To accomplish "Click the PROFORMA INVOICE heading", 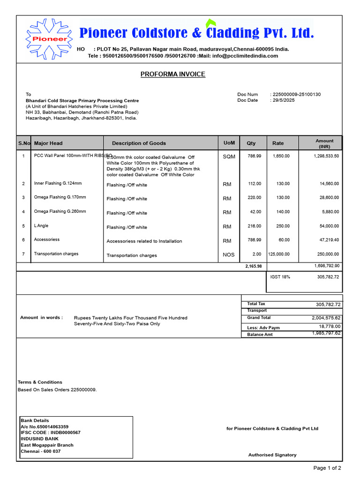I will tap(173, 74).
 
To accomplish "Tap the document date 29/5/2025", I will tap(284, 100).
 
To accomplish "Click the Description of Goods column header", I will tap(139, 143).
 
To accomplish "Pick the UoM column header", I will tap(229, 142).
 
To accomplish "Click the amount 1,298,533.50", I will tap(326, 156).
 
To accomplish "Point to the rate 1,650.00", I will tap(281, 156).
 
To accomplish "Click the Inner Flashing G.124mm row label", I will tap(58, 183).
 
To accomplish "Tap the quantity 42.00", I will tap(255, 212).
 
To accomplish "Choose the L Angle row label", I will tap(41, 225).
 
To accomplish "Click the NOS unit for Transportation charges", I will tap(229, 255).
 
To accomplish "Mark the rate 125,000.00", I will tap(279, 254).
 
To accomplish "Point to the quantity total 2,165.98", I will tap(253, 266).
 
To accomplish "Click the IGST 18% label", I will tap(280, 277).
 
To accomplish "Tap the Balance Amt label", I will tap(260, 334).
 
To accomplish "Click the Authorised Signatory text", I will tap(272, 455).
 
